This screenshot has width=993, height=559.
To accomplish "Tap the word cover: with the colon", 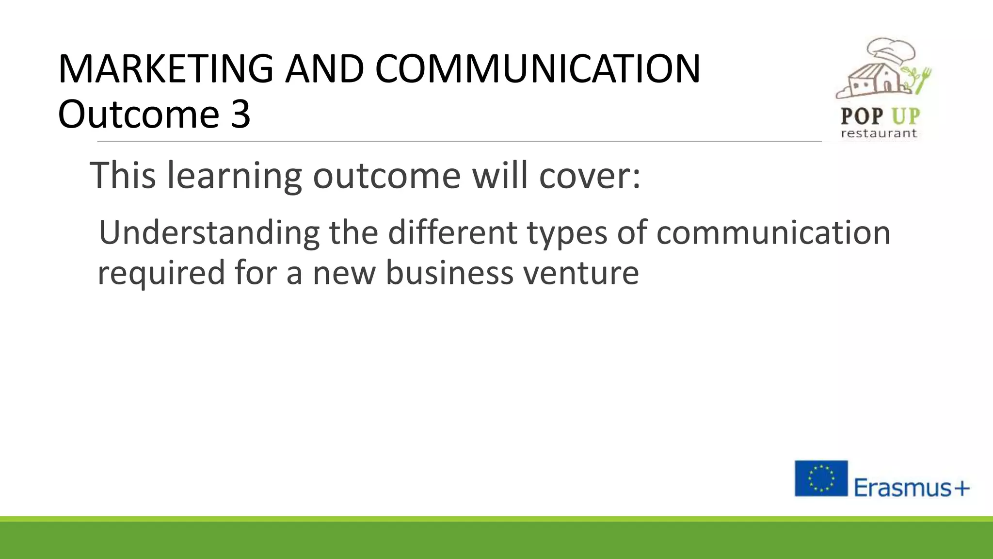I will (590, 176).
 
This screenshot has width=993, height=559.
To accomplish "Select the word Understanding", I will (209, 233).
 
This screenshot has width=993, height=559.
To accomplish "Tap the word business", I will (449, 272).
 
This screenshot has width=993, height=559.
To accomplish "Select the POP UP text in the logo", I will (880, 116).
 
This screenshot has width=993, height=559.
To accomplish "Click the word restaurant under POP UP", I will (879, 133).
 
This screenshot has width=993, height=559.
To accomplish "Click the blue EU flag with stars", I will (821, 478).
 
